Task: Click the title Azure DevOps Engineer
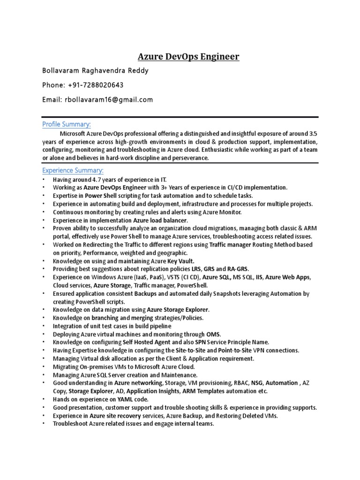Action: click(188, 57)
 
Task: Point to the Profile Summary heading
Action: click(67, 124)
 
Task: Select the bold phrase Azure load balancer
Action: click(160, 220)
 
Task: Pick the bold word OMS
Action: click(213, 334)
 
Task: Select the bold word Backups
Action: click(146, 293)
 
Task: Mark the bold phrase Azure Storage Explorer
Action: click(178, 310)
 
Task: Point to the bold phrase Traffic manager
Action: click(230, 244)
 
